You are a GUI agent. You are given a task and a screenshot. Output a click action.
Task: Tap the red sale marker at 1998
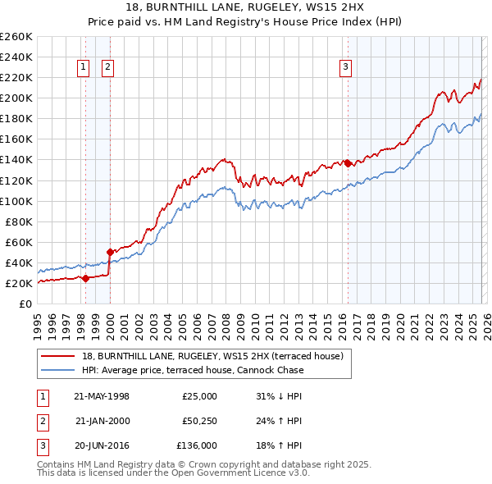point(85,278)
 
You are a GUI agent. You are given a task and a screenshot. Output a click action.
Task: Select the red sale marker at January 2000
point(109,252)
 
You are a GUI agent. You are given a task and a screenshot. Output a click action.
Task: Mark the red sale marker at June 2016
point(347,163)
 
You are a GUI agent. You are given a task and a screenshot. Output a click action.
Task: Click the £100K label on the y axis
point(16,201)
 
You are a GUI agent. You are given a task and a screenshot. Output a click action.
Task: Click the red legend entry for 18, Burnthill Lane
point(217,356)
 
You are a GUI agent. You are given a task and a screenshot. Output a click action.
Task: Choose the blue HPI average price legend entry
point(193,370)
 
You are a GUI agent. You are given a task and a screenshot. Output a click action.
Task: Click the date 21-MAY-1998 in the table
point(102,396)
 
